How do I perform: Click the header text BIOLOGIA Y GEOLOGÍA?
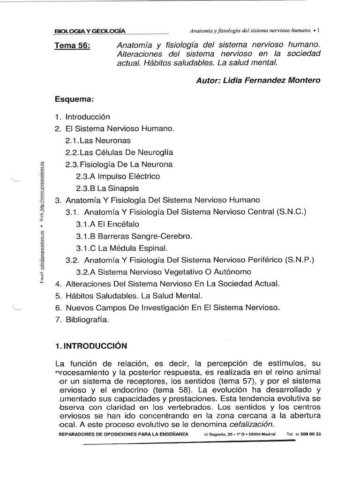pos(90,31)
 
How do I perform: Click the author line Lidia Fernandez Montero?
pos(258,80)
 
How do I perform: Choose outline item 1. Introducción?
pos(82,117)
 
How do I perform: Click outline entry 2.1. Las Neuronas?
pos(98,140)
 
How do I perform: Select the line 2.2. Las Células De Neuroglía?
pos(119,152)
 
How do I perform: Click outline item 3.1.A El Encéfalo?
pos(108,224)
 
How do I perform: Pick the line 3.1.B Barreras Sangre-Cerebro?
pos(134,236)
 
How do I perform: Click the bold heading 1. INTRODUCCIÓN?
pos(91,346)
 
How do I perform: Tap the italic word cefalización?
pos(251,424)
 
